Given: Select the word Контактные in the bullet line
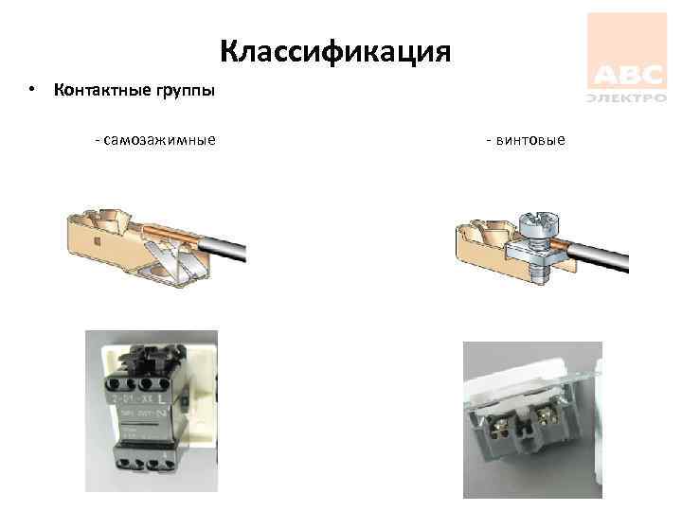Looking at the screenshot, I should click(x=96, y=91).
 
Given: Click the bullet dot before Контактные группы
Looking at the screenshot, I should click(x=32, y=91).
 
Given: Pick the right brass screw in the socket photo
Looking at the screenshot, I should click(x=548, y=415).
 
